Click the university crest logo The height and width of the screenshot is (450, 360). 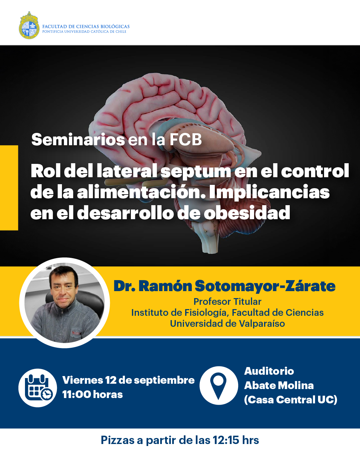[29, 25]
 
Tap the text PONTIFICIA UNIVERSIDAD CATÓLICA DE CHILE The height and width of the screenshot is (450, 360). [84, 32]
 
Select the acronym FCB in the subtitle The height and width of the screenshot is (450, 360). [185, 140]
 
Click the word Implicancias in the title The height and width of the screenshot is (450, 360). [269, 193]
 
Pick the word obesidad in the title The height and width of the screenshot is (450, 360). [247, 213]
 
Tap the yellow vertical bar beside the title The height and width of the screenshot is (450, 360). [9, 188]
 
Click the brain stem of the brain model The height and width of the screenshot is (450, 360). [209, 238]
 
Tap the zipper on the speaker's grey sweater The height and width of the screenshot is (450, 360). [62, 316]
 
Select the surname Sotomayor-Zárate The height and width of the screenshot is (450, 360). [265, 286]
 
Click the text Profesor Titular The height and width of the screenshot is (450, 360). [227, 301]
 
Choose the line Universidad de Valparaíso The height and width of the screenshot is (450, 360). [227, 323]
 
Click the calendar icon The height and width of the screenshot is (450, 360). [38, 388]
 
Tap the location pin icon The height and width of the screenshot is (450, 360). [219, 385]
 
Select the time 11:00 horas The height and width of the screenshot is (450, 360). [92, 395]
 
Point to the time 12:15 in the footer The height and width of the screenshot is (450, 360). [226, 440]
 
